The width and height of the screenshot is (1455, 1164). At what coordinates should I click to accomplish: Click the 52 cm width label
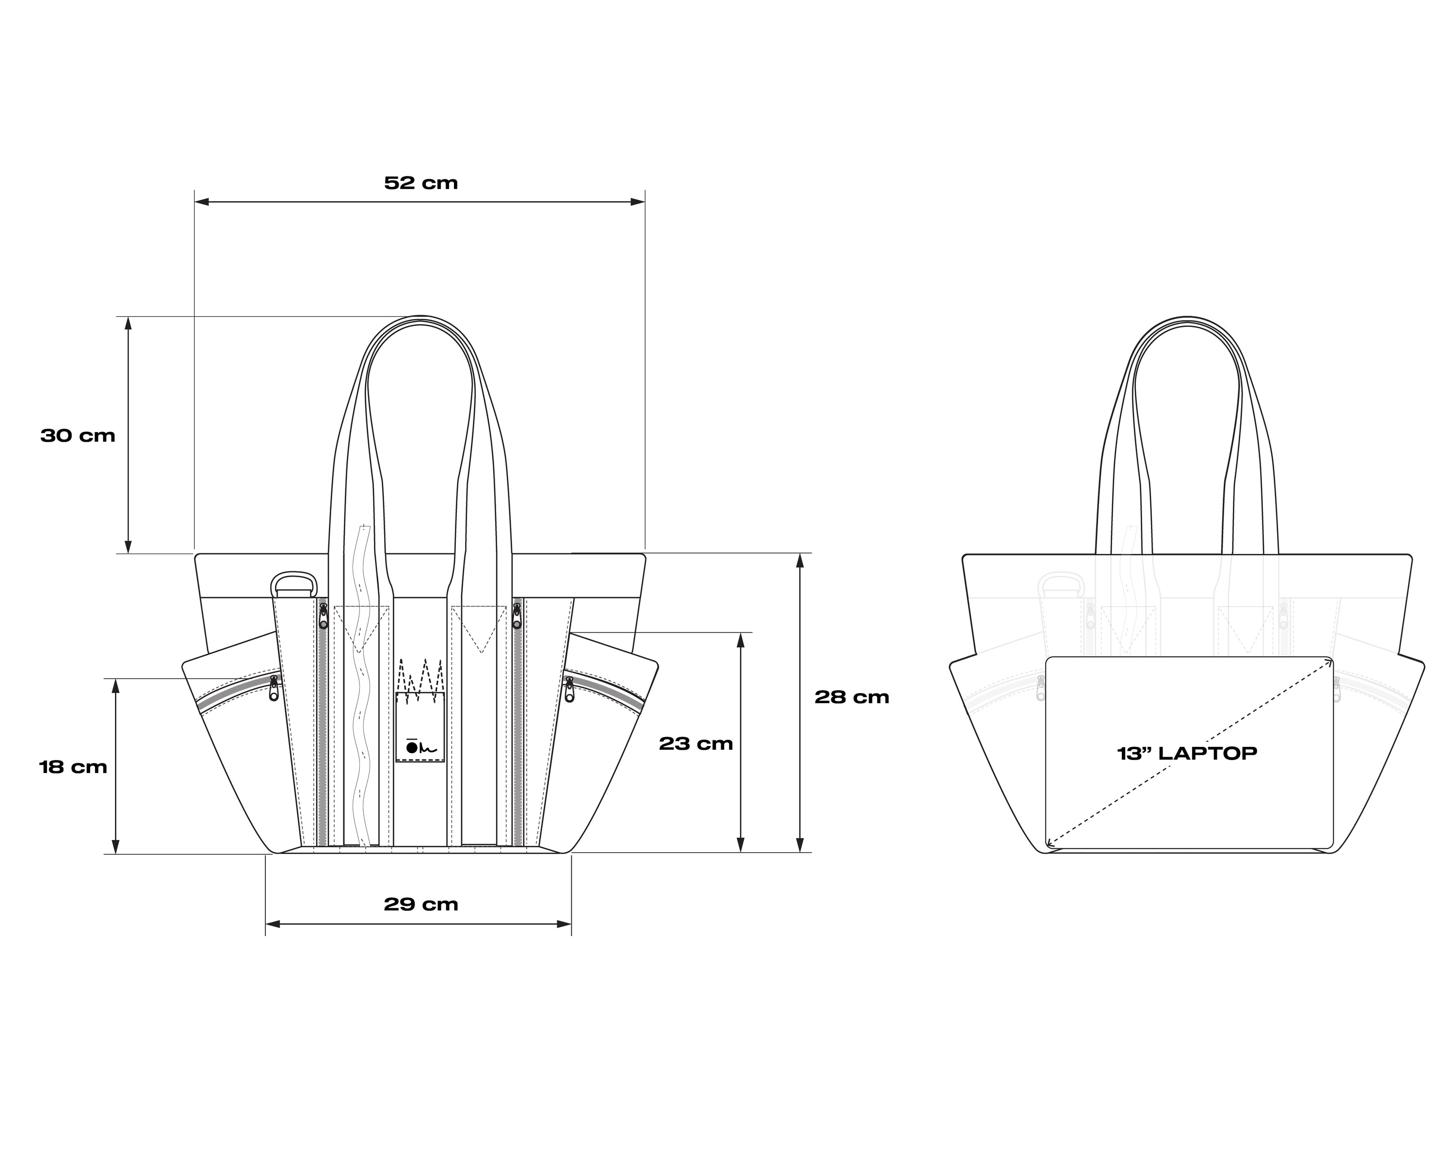coord(421,183)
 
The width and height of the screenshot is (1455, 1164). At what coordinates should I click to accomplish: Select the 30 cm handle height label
coord(78,436)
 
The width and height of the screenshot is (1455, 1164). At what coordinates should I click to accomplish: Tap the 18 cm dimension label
coord(73,767)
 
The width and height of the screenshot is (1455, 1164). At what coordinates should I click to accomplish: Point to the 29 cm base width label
coord(421,904)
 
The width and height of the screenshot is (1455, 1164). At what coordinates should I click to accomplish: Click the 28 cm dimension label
coord(852,697)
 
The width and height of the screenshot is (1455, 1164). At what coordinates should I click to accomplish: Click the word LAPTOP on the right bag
coord(1208,753)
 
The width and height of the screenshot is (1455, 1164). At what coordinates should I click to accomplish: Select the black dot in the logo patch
coord(412,748)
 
